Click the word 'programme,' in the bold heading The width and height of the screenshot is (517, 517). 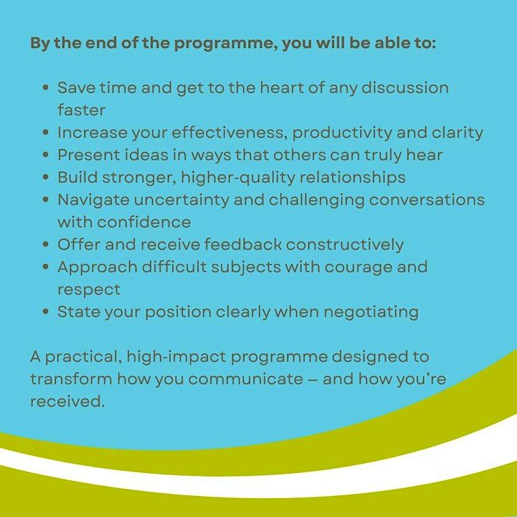pos(226,44)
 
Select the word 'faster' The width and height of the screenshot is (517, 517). pos(82,110)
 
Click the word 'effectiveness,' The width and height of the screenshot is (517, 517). pos(229,133)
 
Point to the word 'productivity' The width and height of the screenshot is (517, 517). pos(342,133)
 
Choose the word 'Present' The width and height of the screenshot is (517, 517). pos(89,155)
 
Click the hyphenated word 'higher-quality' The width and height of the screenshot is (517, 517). pos(238,178)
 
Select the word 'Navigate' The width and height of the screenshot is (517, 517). pos(94,201)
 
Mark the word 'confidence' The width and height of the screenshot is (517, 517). pos(144,222)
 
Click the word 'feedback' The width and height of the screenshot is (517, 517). pos(242,245)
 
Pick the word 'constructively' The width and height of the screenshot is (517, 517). pos(344,245)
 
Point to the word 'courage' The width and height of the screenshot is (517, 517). pos(358,268)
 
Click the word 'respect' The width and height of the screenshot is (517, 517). pos(89,290)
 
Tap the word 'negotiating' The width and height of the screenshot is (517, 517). pos(371,312)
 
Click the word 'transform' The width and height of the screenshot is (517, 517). pos(71,379)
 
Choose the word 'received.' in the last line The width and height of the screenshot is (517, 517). pos(67,402)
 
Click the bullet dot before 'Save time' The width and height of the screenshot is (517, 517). pos(46,88)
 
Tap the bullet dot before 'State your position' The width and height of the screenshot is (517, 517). pos(46,312)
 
